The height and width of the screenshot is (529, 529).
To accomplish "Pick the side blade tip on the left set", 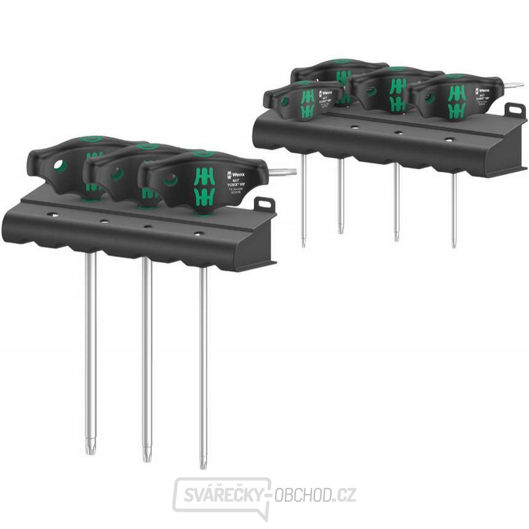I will point(286,170).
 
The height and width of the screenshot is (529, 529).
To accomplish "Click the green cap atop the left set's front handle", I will point(200,154).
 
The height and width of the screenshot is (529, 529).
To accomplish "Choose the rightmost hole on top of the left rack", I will point(197,233).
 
